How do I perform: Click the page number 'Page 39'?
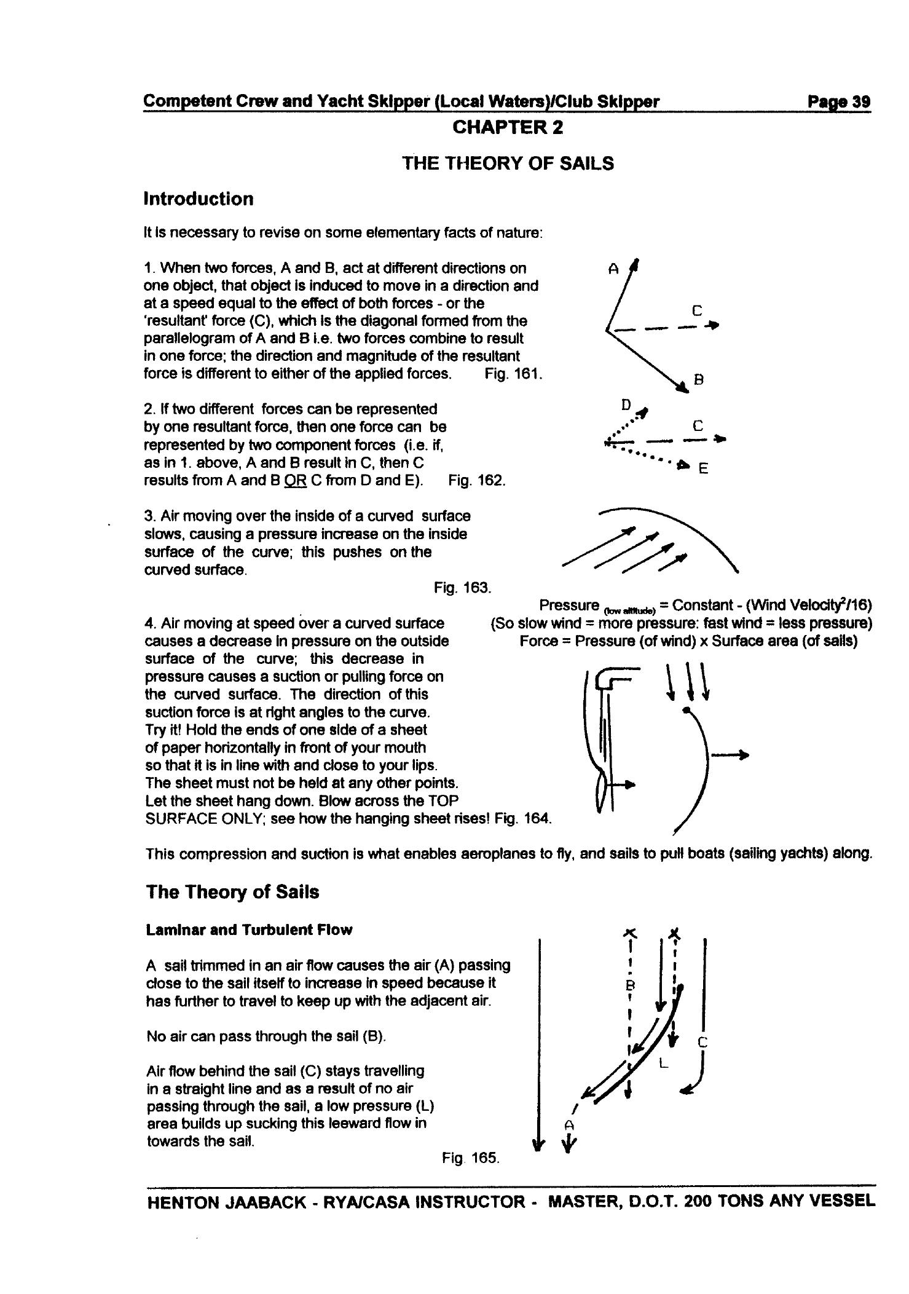click(839, 101)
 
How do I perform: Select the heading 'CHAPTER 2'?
click(508, 128)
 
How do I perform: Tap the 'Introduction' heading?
click(198, 199)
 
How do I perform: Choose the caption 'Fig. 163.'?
click(463, 588)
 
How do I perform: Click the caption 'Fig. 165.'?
click(471, 1159)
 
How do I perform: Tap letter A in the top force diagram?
click(612, 269)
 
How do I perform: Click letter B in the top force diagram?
click(699, 380)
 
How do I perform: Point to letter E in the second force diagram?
click(704, 469)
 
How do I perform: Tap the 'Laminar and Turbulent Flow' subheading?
click(249, 930)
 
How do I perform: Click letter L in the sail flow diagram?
click(663, 1062)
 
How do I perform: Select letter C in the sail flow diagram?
click(704, 1042)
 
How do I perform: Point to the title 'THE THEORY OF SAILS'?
click(508, 164)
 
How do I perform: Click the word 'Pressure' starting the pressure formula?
click(569, 605)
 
